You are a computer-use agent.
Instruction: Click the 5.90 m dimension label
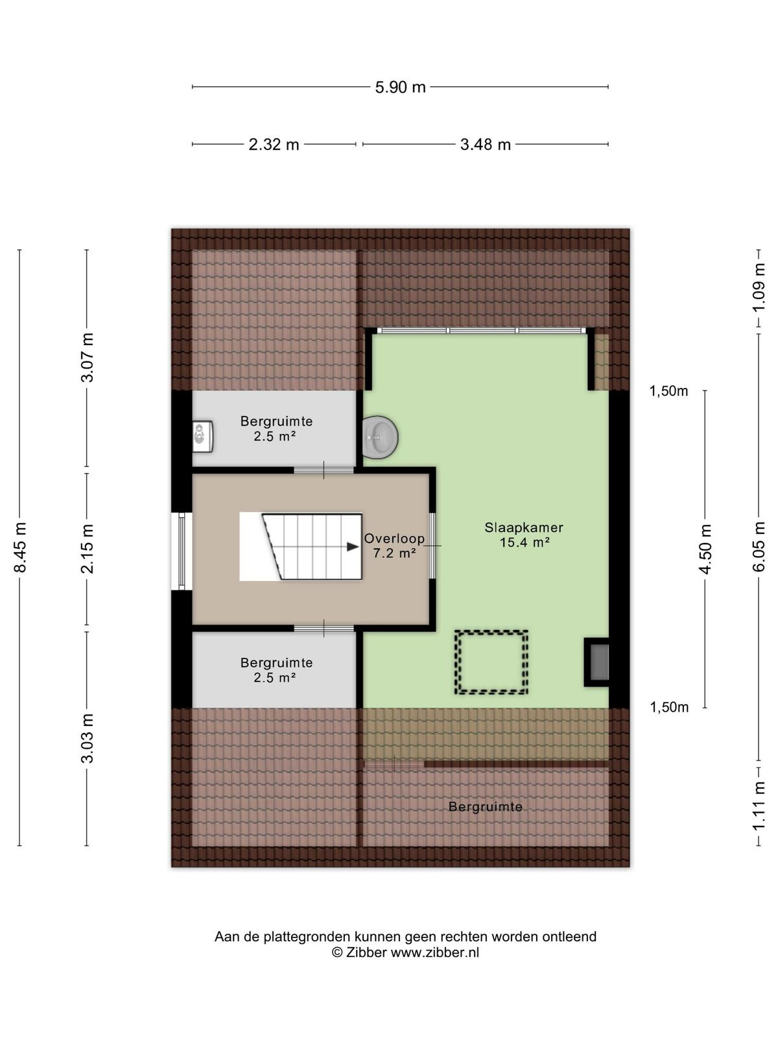click(400, 88)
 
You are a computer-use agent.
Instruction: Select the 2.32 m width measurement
click(274, 145)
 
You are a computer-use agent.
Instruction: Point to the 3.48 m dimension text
click(486, 145)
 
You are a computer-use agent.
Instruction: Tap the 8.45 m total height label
click(21, 547)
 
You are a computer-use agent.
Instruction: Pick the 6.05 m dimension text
click(759, 547)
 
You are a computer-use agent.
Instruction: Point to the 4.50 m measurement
click(705, 549)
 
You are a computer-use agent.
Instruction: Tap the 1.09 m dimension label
click(759, 287)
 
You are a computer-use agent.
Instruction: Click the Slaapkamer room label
click(524, 527)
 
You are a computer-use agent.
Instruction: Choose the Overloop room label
click(394, 538)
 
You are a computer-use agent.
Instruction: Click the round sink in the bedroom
click(381, 437)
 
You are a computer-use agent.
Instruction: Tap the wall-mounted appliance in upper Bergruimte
click(204, 437)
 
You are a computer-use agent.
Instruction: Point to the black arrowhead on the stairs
click(353, 547)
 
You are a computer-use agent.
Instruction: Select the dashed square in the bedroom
click(491, 662)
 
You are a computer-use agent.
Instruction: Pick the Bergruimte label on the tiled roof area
click(486, 807)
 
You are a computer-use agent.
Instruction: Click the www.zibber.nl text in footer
click(434, 952)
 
